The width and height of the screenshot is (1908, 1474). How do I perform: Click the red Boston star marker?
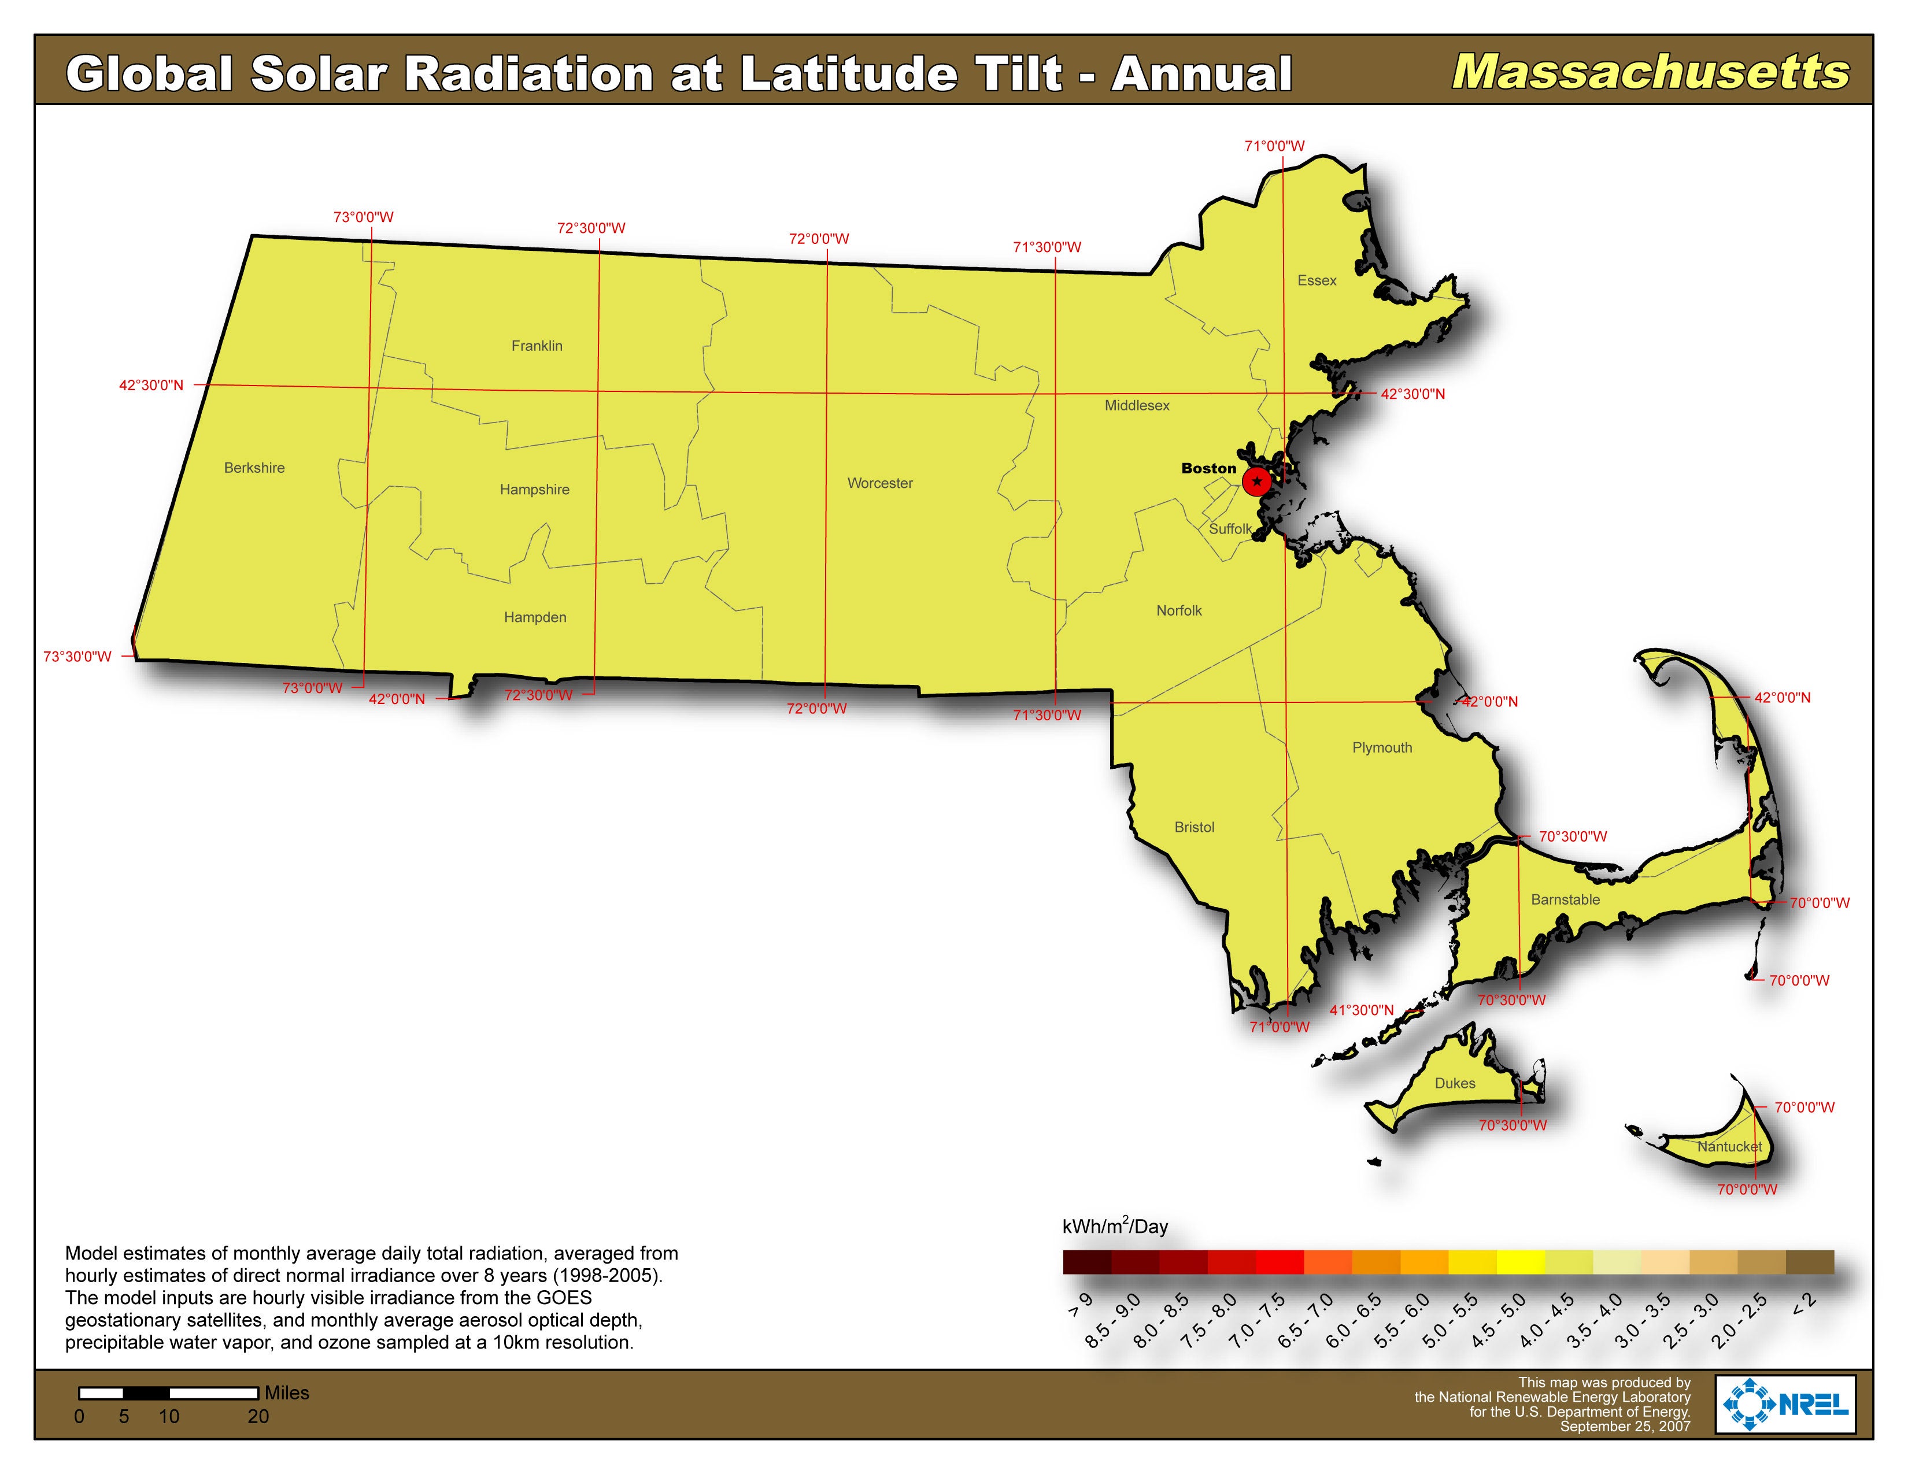coord(1256,481)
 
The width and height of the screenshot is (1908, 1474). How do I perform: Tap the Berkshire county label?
coord(254,468)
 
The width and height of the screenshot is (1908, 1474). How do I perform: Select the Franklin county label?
coord(537,346)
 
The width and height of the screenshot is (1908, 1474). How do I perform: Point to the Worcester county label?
coord(880,483)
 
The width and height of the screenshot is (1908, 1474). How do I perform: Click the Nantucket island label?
coord(1729,1147)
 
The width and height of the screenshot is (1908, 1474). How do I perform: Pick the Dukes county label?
coord(1455,1083)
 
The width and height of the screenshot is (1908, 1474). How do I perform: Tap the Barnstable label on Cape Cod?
coord(1566,899)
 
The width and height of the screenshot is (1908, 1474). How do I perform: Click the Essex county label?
coord(1317,280)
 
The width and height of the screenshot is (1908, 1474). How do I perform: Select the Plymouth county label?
coord(1382,747)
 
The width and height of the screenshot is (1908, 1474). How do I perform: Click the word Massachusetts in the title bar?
coord(1650,72)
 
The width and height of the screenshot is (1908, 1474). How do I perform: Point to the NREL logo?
coord(1785,1404)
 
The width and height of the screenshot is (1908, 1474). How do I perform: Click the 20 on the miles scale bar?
coord(258,1416)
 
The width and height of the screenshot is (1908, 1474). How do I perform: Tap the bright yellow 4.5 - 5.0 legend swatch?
coord(1520,1262)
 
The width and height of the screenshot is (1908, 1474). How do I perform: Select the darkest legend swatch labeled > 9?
coord(1087,1262)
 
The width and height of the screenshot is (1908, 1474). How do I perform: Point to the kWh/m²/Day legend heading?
coord(1115,1226)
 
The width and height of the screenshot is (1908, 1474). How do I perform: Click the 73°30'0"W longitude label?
coord(77,657)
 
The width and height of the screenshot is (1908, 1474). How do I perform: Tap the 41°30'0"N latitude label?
coord(1361,1010)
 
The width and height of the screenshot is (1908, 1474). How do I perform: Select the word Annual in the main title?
coord(1201,73)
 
